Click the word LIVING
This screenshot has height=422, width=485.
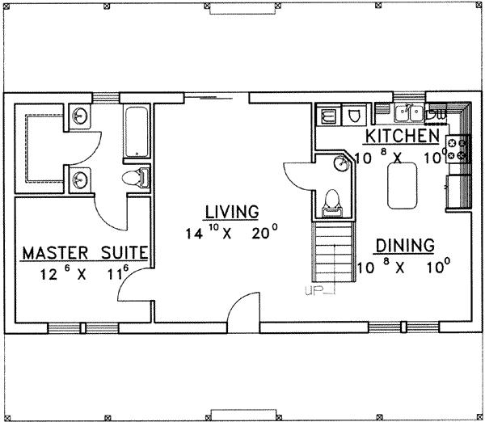tap(231, 212)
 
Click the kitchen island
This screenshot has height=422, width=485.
tap(403, 184)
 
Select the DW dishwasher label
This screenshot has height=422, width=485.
tap(435, 113)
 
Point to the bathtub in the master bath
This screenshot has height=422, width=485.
tap(137, 131)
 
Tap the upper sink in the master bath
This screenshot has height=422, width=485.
tap(80, 116)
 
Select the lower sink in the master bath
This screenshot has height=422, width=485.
tap(80, 178)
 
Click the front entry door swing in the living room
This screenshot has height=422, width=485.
tap(244, 309)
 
